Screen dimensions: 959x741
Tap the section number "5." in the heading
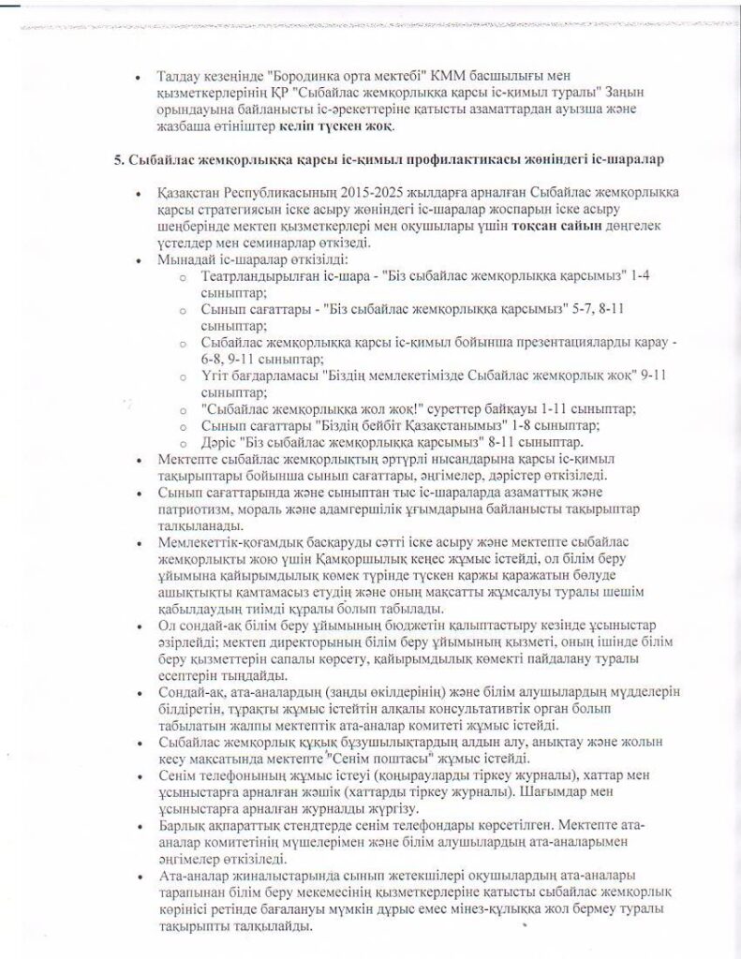(x=120, y=160)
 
